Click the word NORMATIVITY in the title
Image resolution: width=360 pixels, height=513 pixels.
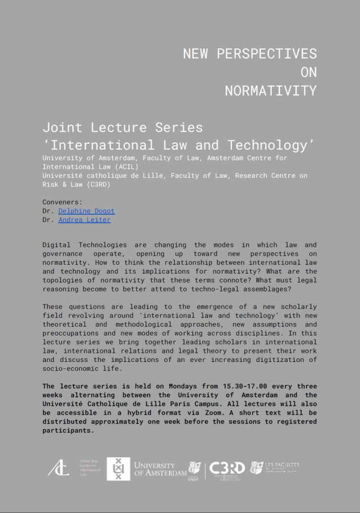pyautogui.click(x=271, y=91)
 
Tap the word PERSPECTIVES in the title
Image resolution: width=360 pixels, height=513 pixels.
pyautogui.click(x=270, y=54)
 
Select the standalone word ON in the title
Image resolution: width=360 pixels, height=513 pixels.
pyautogui.click(x=308, y=72)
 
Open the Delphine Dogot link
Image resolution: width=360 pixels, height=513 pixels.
pyautogui.click(x=87, y=211)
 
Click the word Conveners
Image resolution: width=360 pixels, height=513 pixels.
pyautogui.click(x=62, y=202)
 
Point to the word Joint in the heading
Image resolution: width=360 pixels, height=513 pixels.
pyautogui.click(x=63, y=127)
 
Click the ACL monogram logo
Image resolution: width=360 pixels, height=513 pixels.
pyautogui.click(x=58, y=469)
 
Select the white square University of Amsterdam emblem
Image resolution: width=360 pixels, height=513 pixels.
pyautogui.click(x=118, y=469)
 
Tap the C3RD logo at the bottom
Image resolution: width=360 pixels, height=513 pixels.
pyautogui.click(x=227, y=469)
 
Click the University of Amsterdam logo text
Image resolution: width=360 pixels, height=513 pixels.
pyautogui.click(x=160, y=469)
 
